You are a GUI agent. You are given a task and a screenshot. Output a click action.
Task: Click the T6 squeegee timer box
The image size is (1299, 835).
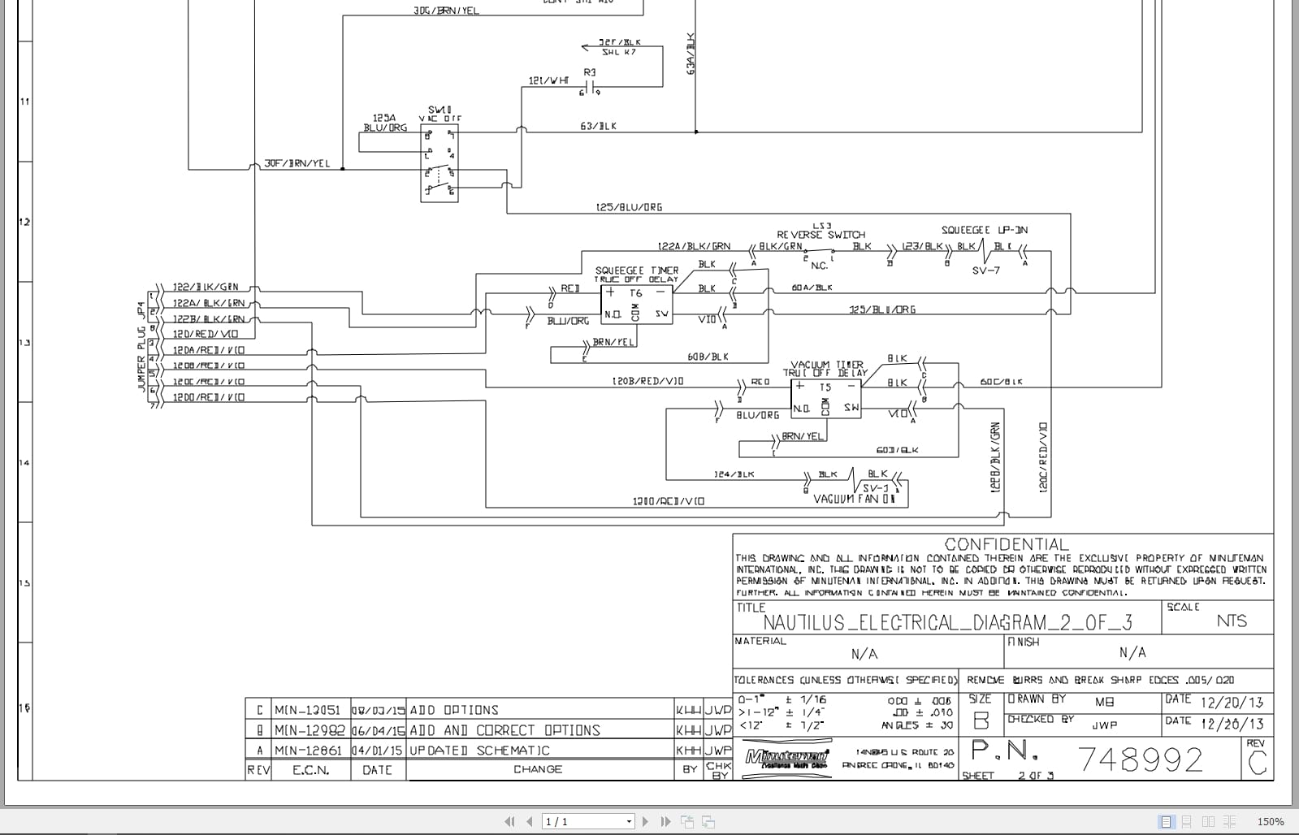pyautogui.click(x=636, y=305)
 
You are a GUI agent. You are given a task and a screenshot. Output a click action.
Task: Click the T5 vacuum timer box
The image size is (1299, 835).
pyautogui.click(x=825, y=399)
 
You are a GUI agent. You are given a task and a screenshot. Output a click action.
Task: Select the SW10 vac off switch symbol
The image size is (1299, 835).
pyautogui.click(x=439, y=163)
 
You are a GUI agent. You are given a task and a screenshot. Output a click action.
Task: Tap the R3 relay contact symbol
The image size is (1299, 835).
pyautogui.click(x=590, y=86)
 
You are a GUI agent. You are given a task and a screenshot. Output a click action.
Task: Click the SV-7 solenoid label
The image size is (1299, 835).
pyautogui.click(x=985, y=270)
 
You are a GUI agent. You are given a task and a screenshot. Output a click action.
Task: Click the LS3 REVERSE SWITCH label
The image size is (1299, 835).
pyautogui.click(x=821, y=234)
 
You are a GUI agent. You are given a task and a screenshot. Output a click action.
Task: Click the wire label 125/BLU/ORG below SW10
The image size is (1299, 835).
pyautogui.click(x=629, y=207)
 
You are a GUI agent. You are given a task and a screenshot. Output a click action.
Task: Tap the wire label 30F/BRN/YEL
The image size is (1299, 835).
pyautogui.click(x=297, y=163)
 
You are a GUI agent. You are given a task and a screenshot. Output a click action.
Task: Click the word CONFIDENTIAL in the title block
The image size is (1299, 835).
pyautogui.click(x=1007, y=544)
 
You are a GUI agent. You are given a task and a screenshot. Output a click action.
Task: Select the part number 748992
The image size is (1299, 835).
pyautogui.click(x=1140, y=759)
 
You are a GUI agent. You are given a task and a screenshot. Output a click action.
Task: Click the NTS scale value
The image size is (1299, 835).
pyautogui.click(x=1231, y=621)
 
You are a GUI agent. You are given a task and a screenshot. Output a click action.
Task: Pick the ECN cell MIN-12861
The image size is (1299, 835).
pyautogui.click(x=308, y=751)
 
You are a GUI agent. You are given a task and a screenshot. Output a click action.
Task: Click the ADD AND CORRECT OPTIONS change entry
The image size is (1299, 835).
pyautogui.click(x=504, y=730)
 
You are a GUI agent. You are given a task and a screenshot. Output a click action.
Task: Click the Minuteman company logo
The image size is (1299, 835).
pyautogui.click(x=786, y=759)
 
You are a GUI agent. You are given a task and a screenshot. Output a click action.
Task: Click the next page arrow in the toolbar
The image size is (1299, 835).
pyautogui.click(x=646, y=821)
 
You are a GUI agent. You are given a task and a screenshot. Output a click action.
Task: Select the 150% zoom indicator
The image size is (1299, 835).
pyautogui.click(x=1271, y=821)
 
